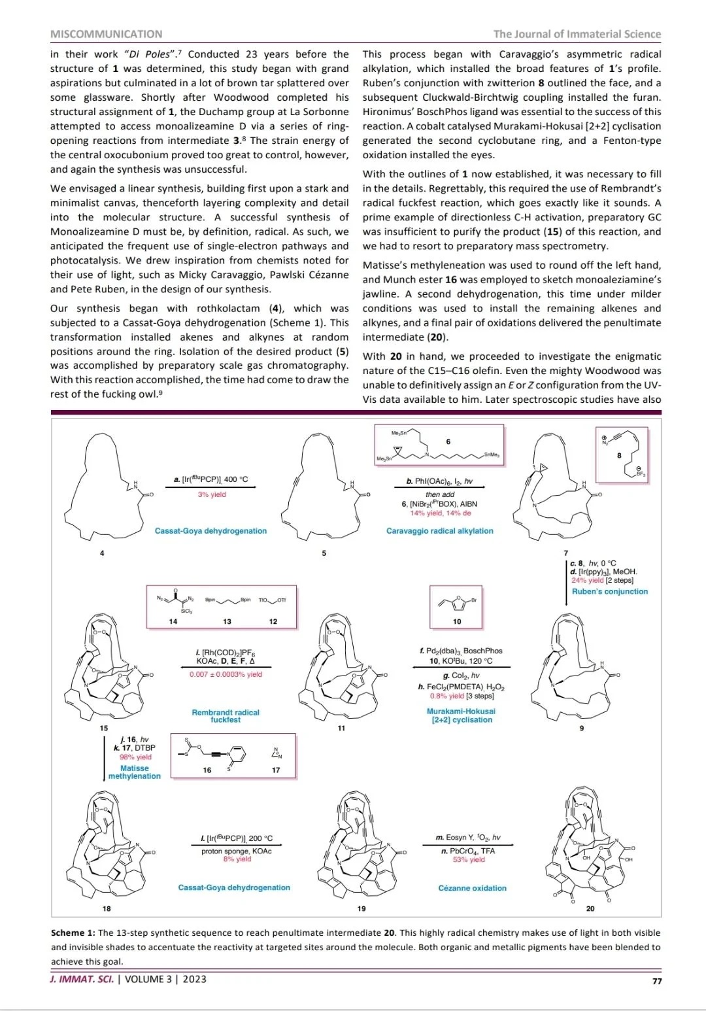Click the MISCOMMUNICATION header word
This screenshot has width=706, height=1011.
click(106, 34)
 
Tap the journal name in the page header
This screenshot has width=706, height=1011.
click(577, 34)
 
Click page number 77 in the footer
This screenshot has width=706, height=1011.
click(656, 980)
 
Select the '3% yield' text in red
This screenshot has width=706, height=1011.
click(212, 494)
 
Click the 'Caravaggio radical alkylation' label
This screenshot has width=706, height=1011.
click(439, 531)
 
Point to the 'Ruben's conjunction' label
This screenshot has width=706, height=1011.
click(609, 591)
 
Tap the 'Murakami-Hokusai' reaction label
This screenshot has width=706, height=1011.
click(461, 711)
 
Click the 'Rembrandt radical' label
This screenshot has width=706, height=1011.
click(226, 712)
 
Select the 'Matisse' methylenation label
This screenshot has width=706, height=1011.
click(134, 768)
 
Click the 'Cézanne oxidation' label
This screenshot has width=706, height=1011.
click(472, 888)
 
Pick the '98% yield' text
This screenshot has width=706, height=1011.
click(135, 757)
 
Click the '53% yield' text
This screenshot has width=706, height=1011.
click(469, 860)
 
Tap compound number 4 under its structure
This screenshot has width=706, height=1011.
click(101, 554)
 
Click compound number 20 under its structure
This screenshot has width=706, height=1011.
click(590, 908)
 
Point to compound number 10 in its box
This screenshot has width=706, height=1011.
click(457, 621)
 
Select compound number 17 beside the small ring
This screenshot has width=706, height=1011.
click(276, 770)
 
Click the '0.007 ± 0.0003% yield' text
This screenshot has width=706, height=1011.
click(226, 674)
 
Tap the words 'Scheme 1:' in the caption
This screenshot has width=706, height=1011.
click(73, 933)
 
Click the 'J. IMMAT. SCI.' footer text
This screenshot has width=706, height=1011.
click(82, 979)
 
